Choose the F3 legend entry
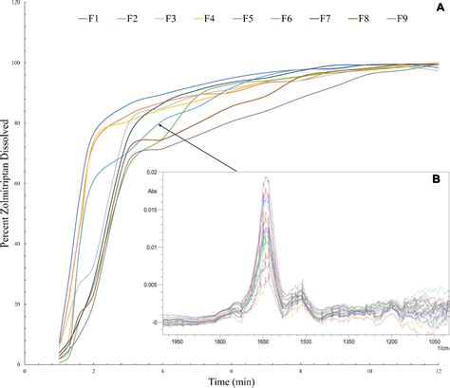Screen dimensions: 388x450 click(x=171, y=16)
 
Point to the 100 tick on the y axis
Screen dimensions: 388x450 click(x=18, y=64)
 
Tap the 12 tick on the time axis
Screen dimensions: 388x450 click(x=438, y=372)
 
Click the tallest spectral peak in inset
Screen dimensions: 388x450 click(x=267, y=178)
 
